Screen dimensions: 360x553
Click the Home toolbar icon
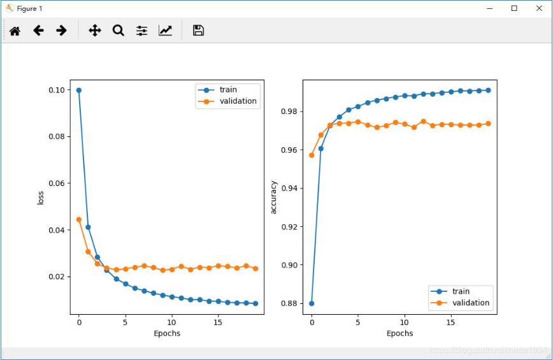pos(15,31)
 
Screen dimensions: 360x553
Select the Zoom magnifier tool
pos(118,31)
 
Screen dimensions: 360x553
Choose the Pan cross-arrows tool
pos(95,31)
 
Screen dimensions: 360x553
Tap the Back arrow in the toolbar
pos(38,31)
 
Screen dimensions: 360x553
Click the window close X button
pos(540,8)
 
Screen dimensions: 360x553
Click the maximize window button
pos(514,8)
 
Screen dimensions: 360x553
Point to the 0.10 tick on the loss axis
pos(57,90)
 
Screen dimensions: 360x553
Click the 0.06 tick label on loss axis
pos(57,184)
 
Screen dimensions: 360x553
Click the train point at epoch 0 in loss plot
pos(79,90)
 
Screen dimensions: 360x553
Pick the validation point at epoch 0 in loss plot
pos(79,219)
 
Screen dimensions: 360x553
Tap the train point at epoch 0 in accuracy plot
pos(312,303)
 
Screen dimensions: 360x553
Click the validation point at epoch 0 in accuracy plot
pos(312,155)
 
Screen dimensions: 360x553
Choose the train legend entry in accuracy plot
pos(461,291)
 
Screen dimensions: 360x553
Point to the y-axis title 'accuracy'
pos(274,197)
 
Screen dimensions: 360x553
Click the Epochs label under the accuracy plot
pos(399,333)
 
